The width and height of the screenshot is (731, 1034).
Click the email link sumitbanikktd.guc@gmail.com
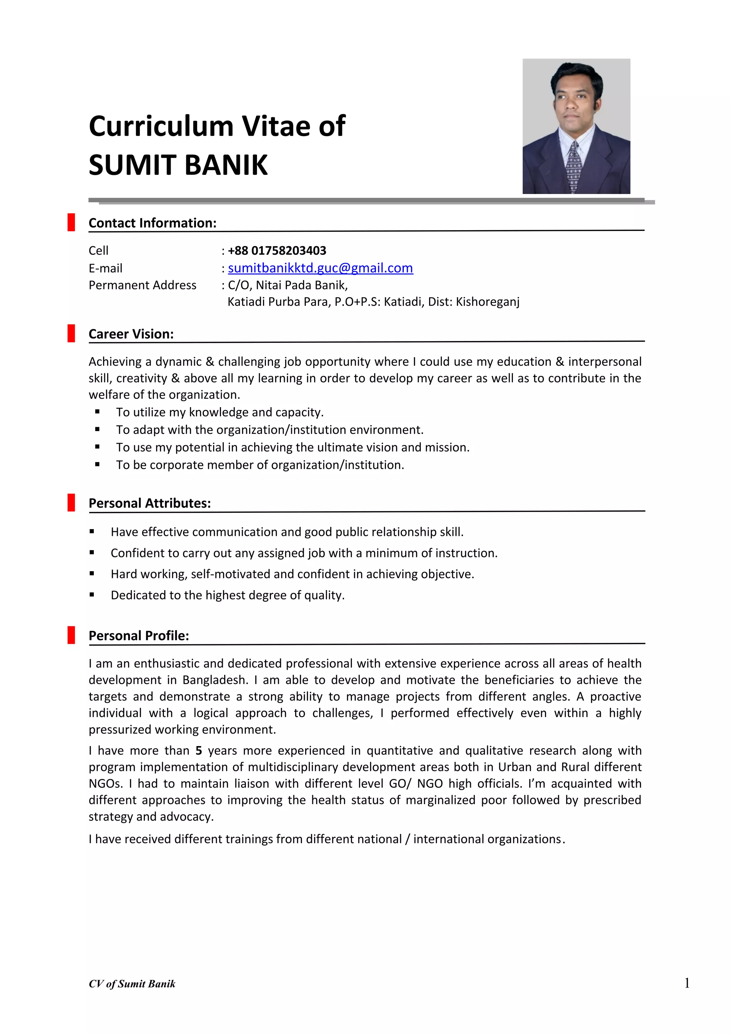point(320,268)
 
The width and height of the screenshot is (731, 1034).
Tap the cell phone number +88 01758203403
point(277,250)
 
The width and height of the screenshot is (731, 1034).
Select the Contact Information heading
point(152,223)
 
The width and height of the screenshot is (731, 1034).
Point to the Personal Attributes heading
point(150,503)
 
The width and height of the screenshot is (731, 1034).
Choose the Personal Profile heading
point(139,635)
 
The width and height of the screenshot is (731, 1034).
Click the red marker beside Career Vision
point(71,333)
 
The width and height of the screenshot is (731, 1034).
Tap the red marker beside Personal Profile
point(71,635)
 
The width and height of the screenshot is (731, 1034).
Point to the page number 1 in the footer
point(687,983)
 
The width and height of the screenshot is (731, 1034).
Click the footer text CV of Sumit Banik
point(132,984)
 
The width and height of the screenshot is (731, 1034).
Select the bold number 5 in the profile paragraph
point(198,750)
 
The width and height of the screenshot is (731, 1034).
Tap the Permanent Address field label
point(142,285)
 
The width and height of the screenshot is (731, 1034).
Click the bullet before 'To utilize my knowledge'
point(97,412)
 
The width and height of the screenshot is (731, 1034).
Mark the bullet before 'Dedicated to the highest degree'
point(92,594)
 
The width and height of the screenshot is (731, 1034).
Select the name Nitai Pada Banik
point(301,285)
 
